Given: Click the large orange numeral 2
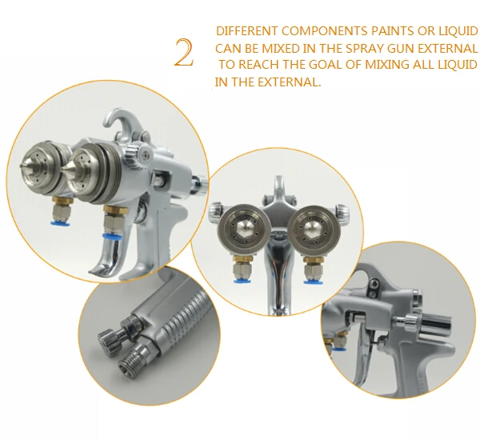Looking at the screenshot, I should tap(184, 53).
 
